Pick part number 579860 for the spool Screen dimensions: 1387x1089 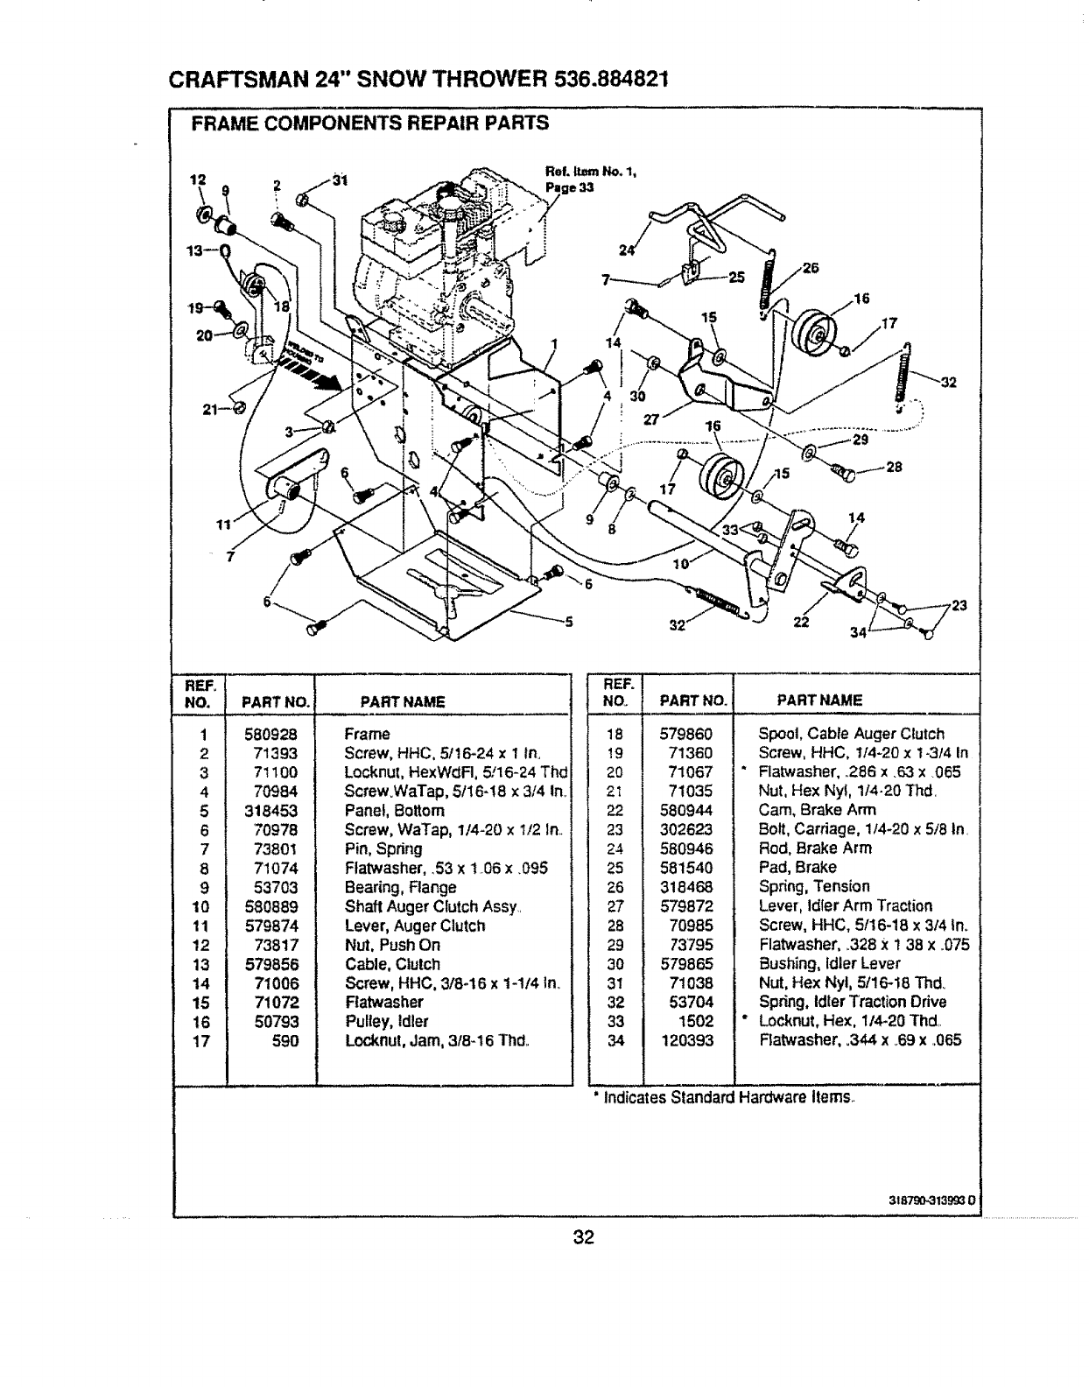(685, 734)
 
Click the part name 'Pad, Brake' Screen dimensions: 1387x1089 (797, 867)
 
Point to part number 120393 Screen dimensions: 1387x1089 (687, 1040)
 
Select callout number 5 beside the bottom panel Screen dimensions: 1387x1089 (567, 623)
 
